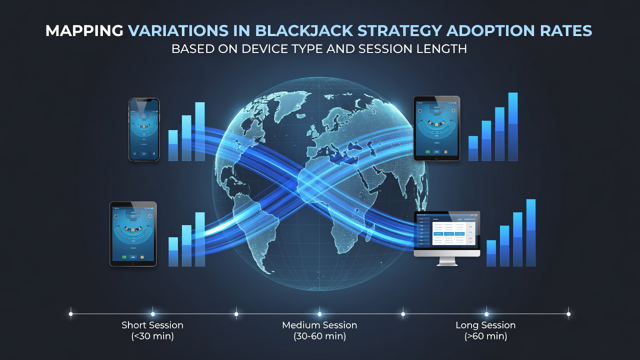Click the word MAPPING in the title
(x=84, y=31)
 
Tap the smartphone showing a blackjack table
(x=144, y=129)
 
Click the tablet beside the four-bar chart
(x=436, y=128)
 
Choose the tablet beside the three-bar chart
(x=133, y=234)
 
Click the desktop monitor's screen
(x=447, y=232)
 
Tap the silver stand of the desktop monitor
(x=447, y=261)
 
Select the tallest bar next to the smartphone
(x=199, y=131)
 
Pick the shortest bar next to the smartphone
(x=173, y=145)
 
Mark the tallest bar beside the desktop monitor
(x=531, y=233)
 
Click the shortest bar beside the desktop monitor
(x=491, y=253)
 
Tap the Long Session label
(x=485, y=325)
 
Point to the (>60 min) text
(x=485, y=336)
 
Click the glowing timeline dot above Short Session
(x=153, y=314)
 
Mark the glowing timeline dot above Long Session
(x=486, y=314)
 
